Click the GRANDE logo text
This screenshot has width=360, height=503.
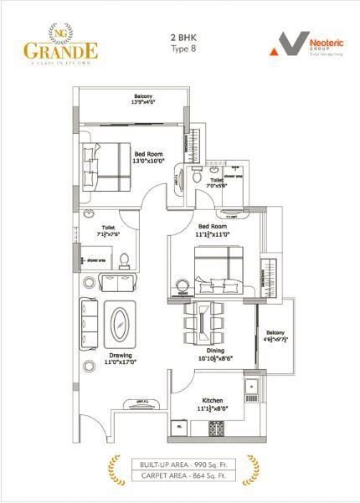pos(60,49)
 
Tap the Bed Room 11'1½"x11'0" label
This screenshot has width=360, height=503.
pos(213,230)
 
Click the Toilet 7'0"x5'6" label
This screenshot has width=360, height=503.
pos(216,183)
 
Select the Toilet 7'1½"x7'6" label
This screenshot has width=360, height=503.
pos(109,230)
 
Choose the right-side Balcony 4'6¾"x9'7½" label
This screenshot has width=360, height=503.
pos(275,337)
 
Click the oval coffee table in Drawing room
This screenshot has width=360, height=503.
pos(121,325)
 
